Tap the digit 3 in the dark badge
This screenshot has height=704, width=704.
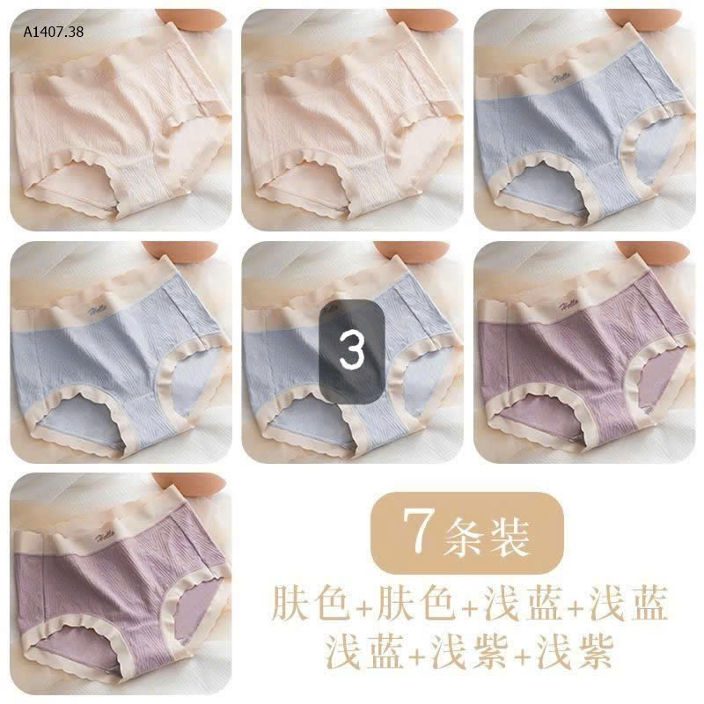coord(352,351)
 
